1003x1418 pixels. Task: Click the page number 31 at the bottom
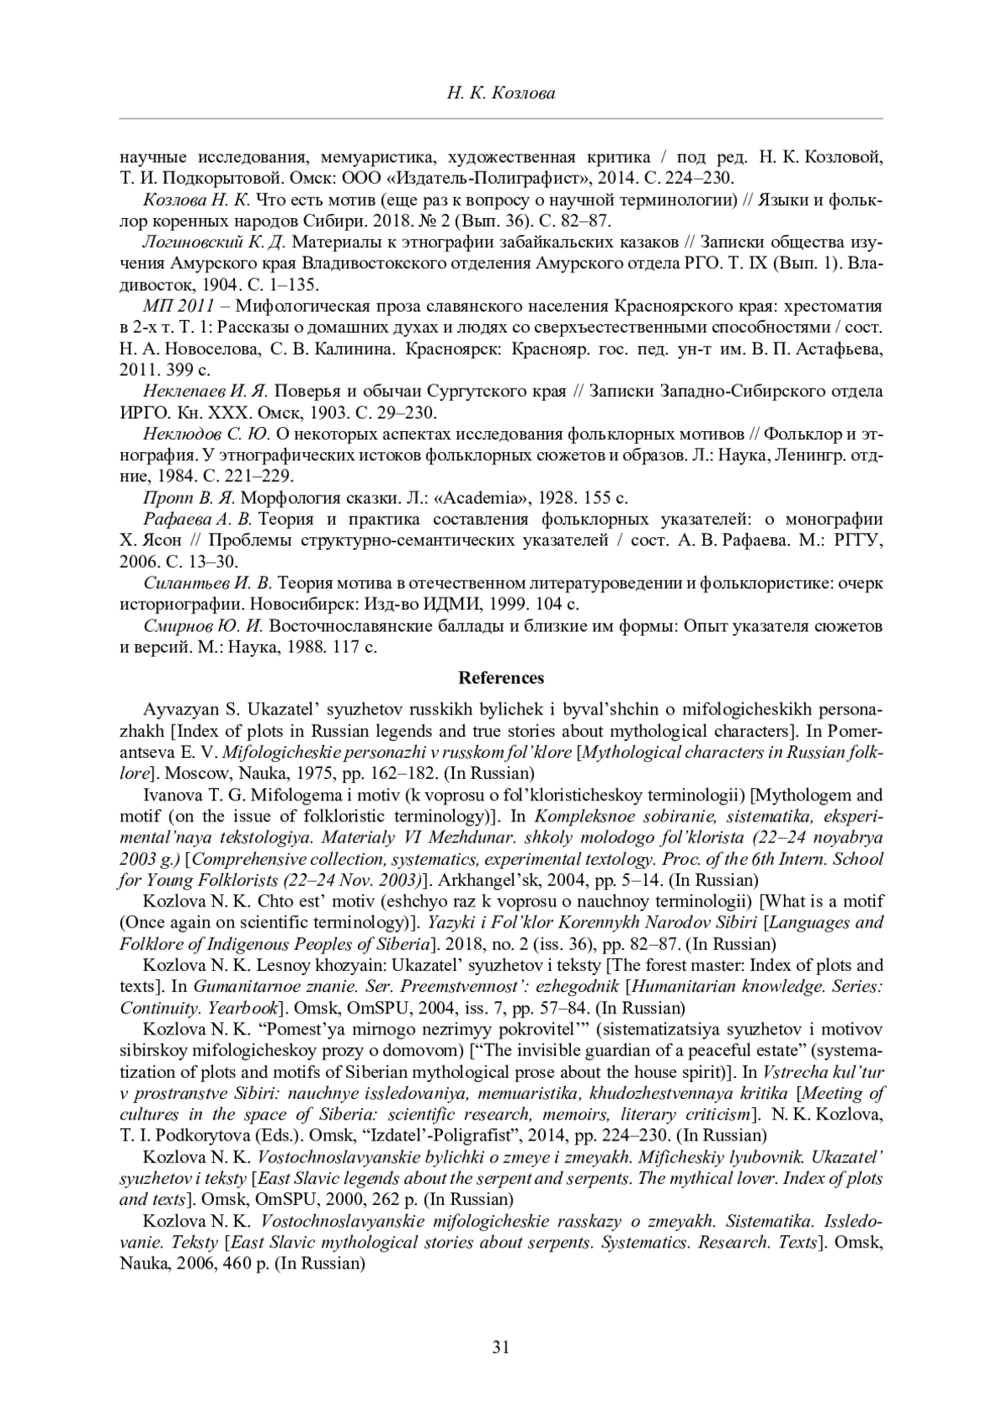click(x=501, y=1346)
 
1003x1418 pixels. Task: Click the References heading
click(x=501, y=678)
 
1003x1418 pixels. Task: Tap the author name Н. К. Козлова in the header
click(x=501, y=94)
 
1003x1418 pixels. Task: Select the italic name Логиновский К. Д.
click(x=215, y=242)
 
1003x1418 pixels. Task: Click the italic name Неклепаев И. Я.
click(x=205, y=391)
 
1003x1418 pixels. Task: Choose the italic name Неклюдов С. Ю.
click(x=206, y=434)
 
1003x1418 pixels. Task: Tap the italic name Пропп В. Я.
click(x=189, y=498)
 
